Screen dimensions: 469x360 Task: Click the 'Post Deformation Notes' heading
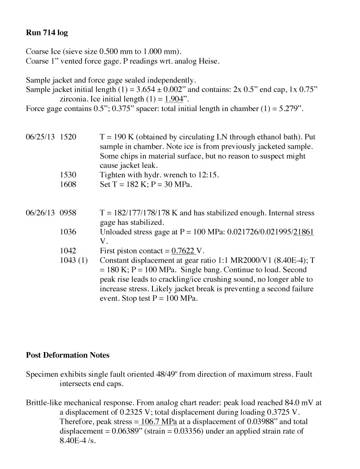click(x=67, y=355)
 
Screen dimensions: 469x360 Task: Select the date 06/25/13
click(x=40, y=137)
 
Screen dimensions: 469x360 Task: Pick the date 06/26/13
click(x=40, y=213)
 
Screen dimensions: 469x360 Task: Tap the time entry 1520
click(x=68, y=137)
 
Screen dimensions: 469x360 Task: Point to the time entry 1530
click(x=68, y=175)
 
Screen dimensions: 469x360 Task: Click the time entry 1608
click(x=68, y=184)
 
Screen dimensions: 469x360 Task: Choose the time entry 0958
click(x=68, y=213)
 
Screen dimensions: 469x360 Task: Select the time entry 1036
click(x=68, y=232)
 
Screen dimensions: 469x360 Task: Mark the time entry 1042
click(x=68, y=251)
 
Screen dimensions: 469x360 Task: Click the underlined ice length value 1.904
click(x=175, y=99)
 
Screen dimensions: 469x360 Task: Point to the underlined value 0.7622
click(x=183, y=251)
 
